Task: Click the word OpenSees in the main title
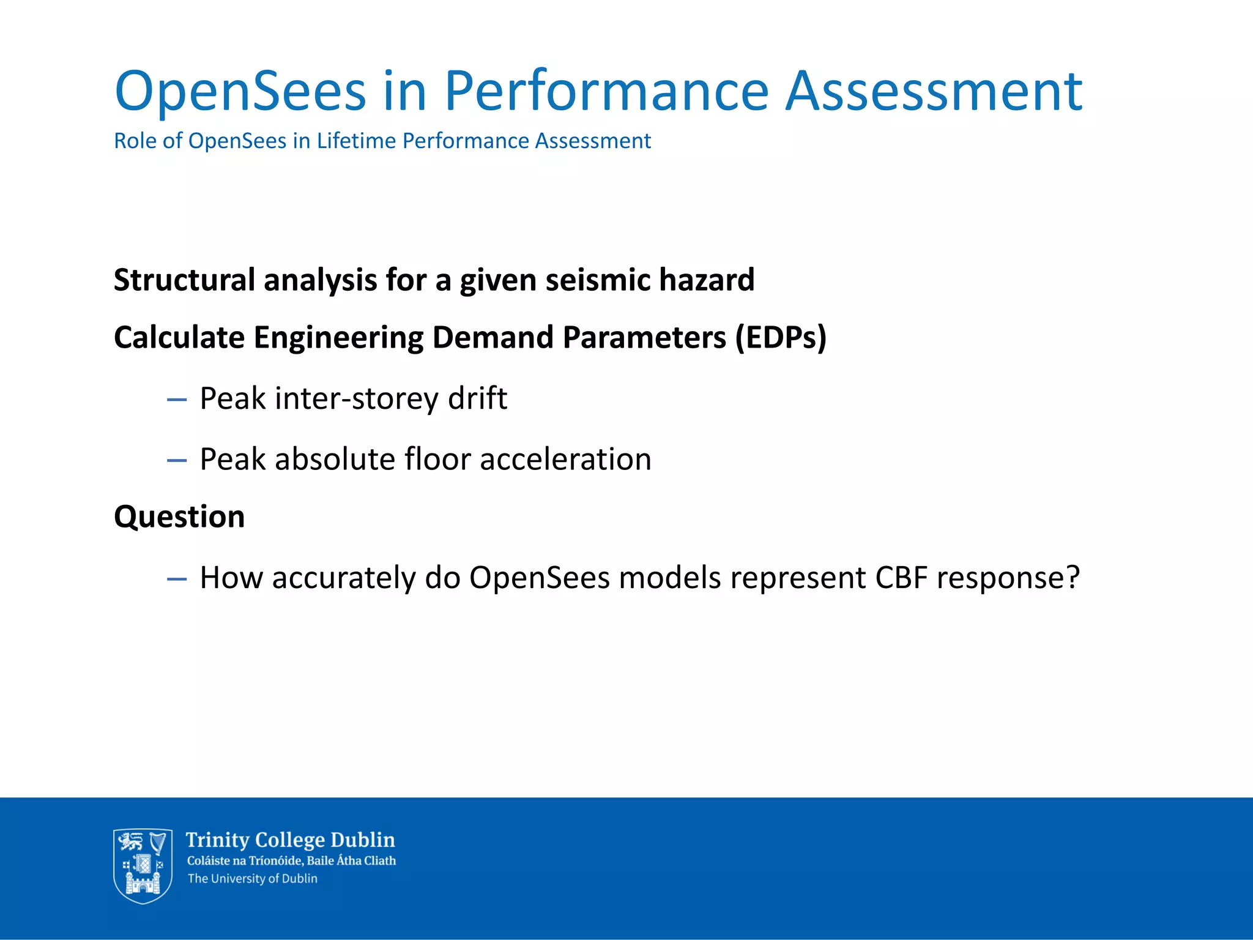(240, 92)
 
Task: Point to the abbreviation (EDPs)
(780, 338)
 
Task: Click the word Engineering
(338, 338)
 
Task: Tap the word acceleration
(565, 460)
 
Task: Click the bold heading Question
(179, 517)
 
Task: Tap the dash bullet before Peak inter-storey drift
(177, 401)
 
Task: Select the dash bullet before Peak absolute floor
(177, 461)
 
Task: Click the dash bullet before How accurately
(177, 580)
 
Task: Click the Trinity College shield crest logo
(143, 865)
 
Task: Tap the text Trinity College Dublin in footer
(290, 840)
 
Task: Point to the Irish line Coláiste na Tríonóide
(291, 861)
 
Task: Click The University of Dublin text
(252, 879)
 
